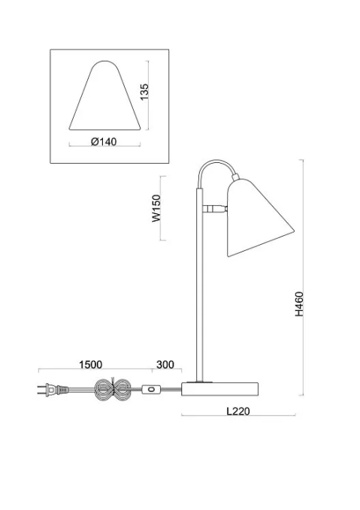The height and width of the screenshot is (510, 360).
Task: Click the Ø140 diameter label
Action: [104, 142]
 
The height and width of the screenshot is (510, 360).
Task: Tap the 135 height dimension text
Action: [144, 92]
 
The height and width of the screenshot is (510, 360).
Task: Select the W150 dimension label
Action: [156, 208]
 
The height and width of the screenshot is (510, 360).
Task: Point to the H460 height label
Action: [299, 303]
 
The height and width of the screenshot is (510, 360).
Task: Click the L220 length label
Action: [238, 411]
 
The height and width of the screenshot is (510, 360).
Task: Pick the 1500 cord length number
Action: [91, 364]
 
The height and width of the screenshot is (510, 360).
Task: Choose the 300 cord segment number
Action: [165, 364]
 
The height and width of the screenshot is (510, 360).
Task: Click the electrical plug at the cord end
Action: [53, 389]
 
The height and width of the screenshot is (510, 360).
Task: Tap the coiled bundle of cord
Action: [112, 389]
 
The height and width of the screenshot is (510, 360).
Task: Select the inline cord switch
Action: [150, 389]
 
